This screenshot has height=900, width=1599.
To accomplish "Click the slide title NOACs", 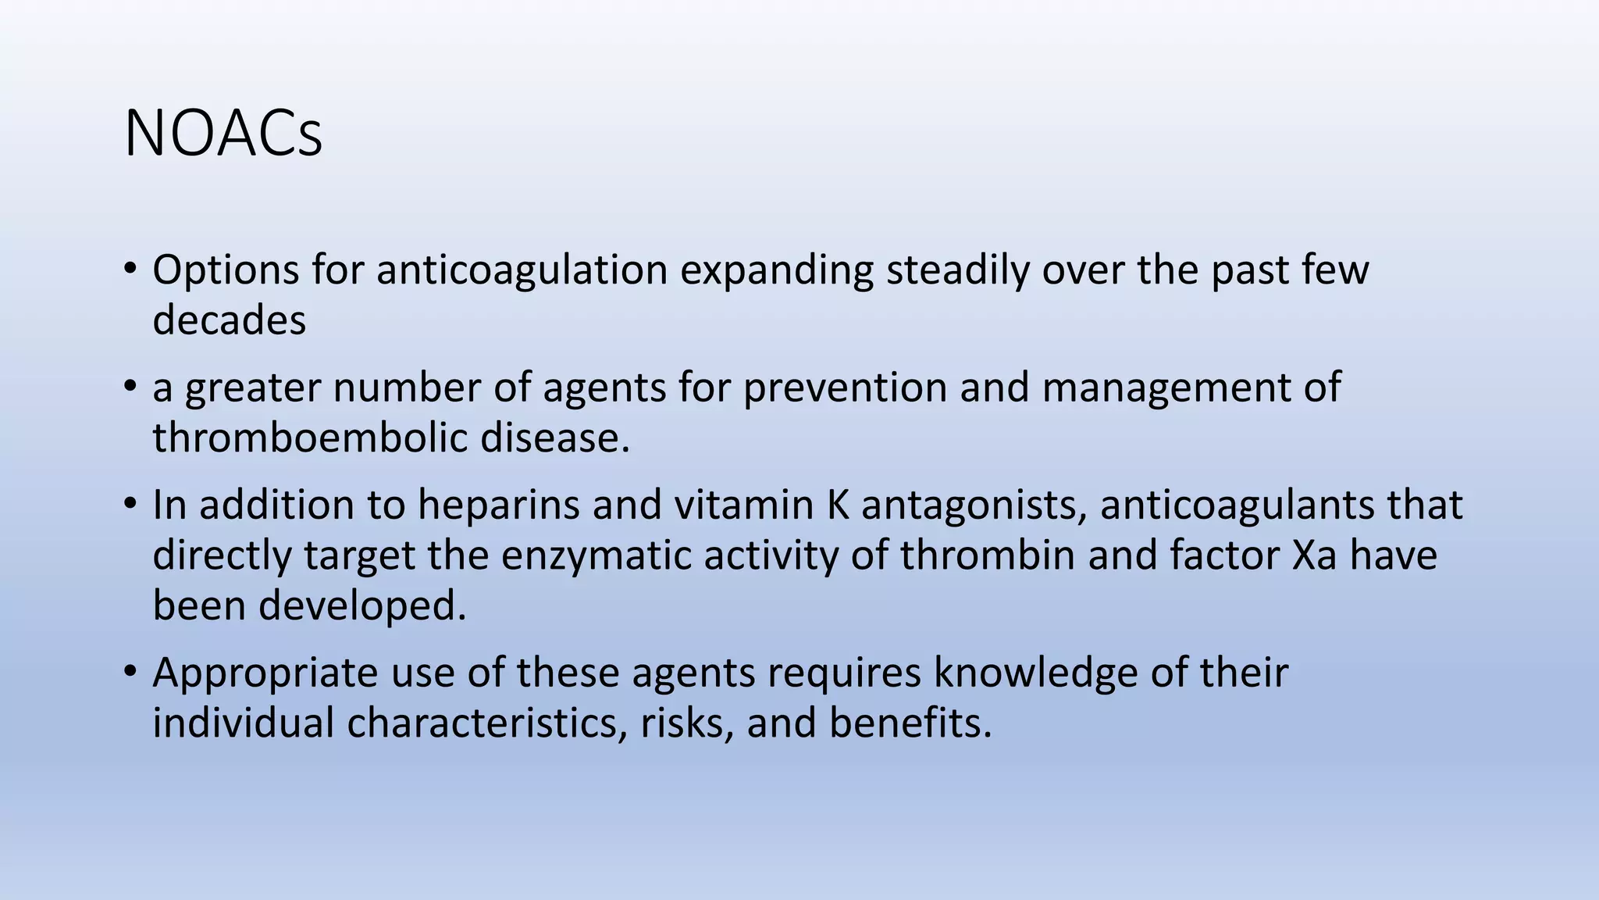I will coord(223,134).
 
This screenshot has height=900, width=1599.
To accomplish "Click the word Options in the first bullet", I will coord(226,270).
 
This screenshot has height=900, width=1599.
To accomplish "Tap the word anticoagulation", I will coord(522,270).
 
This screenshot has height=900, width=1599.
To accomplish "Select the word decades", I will coord(229,320).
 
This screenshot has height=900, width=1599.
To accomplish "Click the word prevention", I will coord(845,387).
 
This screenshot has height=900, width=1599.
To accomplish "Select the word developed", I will coord(362,606).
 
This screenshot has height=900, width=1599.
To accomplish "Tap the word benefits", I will coord(910,723).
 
